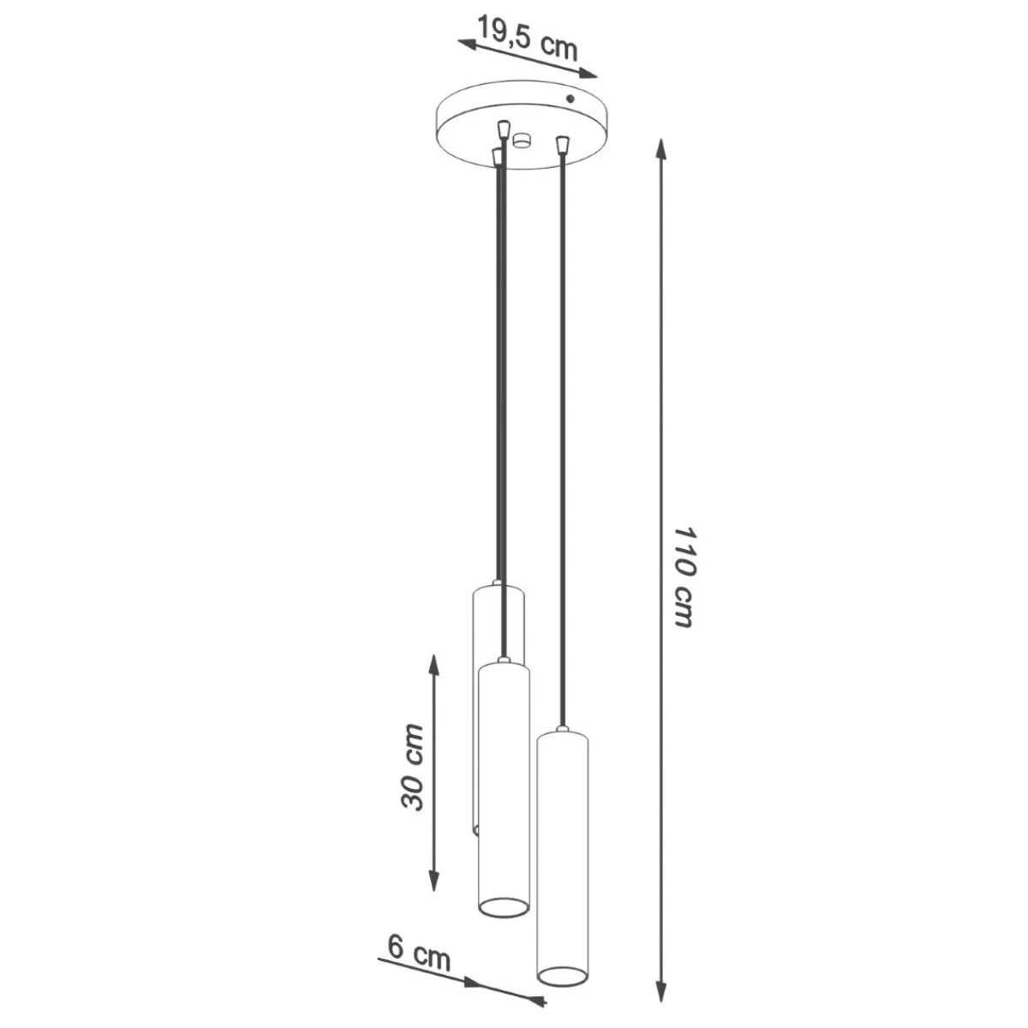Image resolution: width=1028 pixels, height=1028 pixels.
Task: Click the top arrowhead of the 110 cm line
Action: [661, 151]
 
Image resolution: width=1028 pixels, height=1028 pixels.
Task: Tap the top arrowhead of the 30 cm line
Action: [433, 666]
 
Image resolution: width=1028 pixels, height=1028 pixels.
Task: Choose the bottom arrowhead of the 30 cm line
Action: [433, 879]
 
